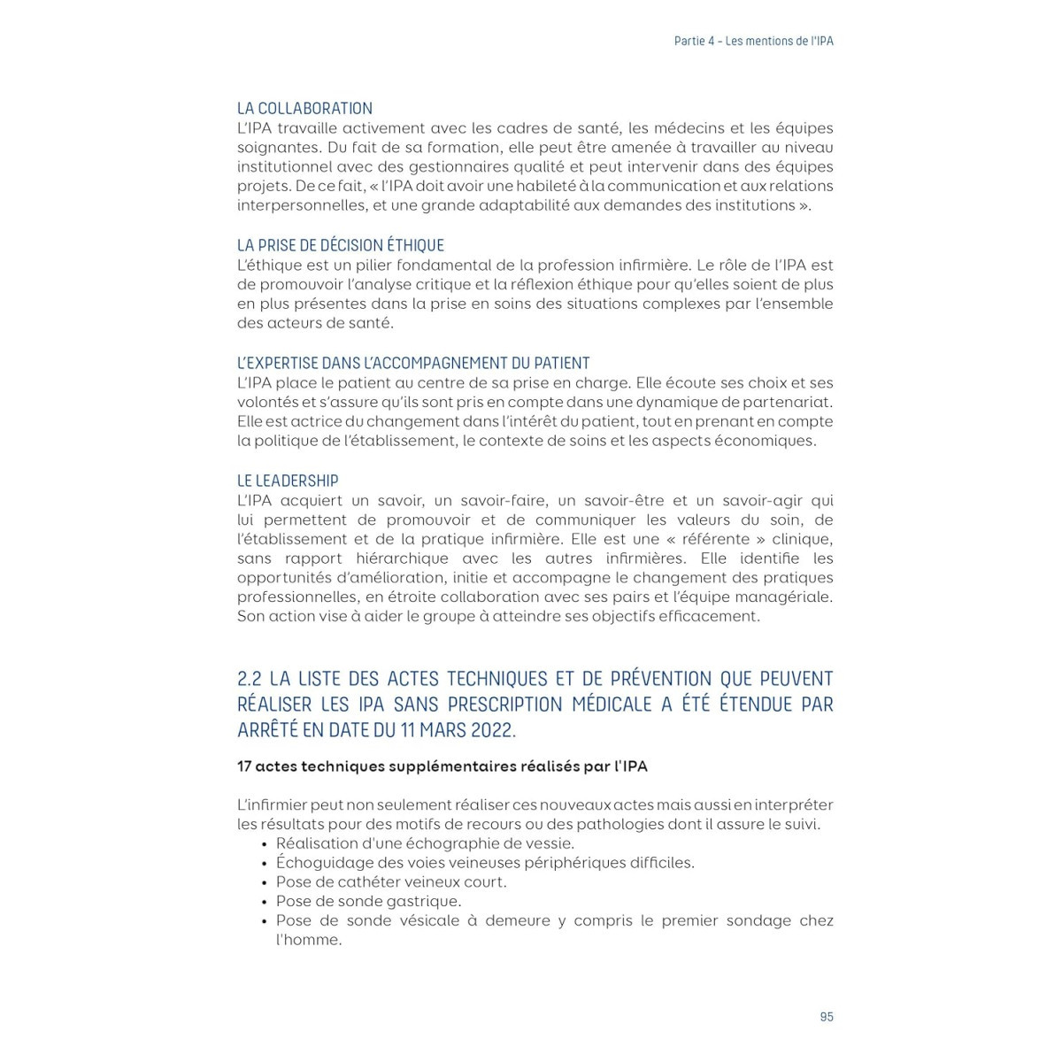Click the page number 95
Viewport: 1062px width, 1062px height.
tap(826, 1017)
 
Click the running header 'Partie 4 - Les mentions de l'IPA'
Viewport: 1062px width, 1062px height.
tap(753, 42)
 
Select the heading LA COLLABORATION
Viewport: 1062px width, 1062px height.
tap(304, 109)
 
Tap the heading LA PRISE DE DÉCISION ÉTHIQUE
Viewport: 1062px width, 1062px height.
tap(340, 246)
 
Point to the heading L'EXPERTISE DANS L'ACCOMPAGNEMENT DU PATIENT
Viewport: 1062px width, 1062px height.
tap(413, 363)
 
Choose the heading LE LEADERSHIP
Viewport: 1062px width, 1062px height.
tap(288, 481)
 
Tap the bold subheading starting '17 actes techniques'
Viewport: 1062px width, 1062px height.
tap(442, 766)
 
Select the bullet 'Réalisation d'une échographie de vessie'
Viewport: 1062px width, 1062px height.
tap(425, 843)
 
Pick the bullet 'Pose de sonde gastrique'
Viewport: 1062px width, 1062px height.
tap(368, 901)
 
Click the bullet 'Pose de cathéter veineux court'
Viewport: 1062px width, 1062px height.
tap(391, 882)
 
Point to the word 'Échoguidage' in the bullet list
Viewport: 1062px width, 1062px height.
tap(323, 863)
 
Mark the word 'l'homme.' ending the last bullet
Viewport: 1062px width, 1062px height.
tap(309, 940)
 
